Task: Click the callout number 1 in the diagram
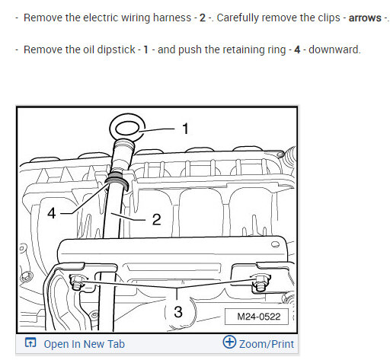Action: tap(186, 129)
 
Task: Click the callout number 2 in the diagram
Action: tap(156, 219)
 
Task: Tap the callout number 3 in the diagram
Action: tap(178, 312)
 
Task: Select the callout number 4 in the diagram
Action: tap(52, 213)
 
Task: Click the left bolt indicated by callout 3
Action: tap(76, 282)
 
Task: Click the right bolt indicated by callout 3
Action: tap(261, 283)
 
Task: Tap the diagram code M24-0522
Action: tap(258, 317)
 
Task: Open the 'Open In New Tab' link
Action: tap(85, 344)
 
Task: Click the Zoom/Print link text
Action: tap(267, 344)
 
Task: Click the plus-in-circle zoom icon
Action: tap(229, 342)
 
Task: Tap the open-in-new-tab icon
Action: tap(30, 342)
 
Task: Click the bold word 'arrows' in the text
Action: tap(365, 18)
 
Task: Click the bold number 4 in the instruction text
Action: tap(297, 49)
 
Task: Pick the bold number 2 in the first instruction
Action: tap(203, 18)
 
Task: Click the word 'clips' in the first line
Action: tap(329, 18)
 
